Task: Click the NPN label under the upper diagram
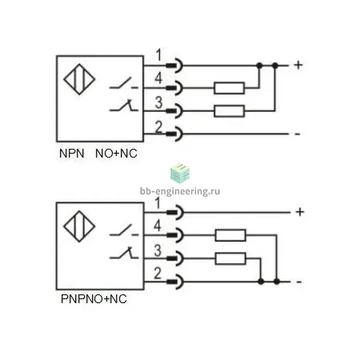[x=72, y=154]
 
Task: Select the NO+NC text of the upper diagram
[x=116, y=154]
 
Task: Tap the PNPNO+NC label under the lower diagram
[x=94, y=299]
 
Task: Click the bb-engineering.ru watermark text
[x=180, y=191]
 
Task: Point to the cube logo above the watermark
[x=180, y=174]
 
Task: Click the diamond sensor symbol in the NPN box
[x=79, y=79]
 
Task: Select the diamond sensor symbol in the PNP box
[x=79, y=226]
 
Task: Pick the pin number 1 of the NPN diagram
[x=159, y=55]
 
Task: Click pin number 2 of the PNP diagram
[x=158, y=274]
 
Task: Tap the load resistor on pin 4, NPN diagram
[x=230, y=88]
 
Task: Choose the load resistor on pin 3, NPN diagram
[x=230, y=111]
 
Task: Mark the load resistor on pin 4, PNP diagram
[x=230, y=235]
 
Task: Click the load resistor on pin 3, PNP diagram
[x=230, y=258]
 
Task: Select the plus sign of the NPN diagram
[x=298, y=65]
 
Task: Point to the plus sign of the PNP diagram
[x=300, y=212]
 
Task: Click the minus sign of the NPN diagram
[x=298, y=134]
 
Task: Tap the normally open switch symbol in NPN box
[x=123, y=83]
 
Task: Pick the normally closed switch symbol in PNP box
[x=124, y=254]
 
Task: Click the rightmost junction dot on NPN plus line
[x=275, y=66]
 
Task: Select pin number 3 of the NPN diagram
[x=158, y=102]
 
